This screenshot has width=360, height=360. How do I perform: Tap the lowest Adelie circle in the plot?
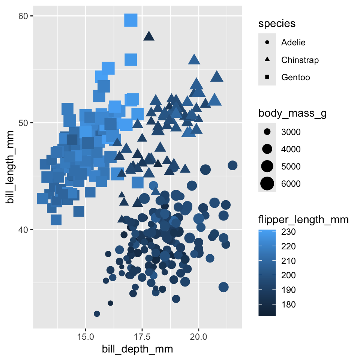pos(97,313)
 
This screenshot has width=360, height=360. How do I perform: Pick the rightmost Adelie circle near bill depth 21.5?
pos(232,165)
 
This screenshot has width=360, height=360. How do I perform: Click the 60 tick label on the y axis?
pos(24,16)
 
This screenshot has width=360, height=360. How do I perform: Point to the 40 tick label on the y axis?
pos(24,229)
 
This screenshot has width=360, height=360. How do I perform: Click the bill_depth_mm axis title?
pos(138,349)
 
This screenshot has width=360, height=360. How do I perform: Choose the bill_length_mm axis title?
pos(11,167)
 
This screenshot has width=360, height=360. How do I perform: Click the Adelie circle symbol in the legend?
pos(267,42)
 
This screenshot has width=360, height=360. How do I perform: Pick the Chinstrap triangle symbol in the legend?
pos(267,60)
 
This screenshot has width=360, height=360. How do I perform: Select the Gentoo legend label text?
pos(295,77)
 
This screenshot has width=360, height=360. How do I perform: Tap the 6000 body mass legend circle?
pos(267,184)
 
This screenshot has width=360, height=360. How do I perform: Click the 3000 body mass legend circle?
pos(267,132)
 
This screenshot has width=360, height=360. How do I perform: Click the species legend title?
pos(277,24)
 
